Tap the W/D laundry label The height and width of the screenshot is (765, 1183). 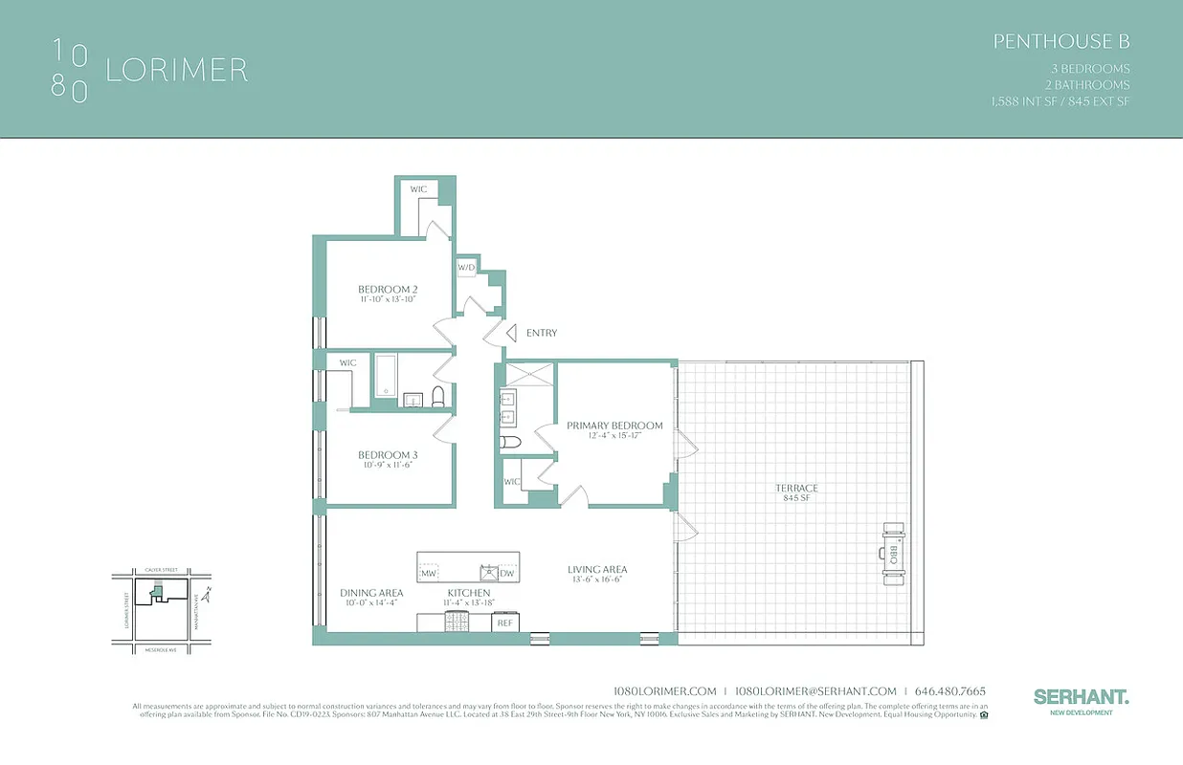(x=466, y=268)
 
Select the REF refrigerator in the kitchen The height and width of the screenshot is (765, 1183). (x=505, y=623)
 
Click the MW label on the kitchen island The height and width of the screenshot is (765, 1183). (x=430, y=573)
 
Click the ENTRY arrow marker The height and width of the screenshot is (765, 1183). (x=511, y=333)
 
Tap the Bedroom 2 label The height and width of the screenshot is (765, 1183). (x=388, y=289)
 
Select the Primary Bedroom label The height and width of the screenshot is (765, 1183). (x=614, y=426)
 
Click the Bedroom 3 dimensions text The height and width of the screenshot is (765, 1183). (x=388, y=466)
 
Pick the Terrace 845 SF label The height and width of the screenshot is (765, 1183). (x=796, y=492)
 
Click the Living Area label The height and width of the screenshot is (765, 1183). (x=597, y=570)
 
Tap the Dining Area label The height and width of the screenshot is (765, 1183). (x=371, y=593)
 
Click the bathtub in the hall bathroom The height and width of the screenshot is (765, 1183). (x=385, y=375)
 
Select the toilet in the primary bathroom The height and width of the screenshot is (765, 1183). (x=510, y=442)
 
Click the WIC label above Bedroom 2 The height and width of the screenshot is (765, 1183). (x=418, y=189)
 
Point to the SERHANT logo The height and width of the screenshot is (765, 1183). (x=1081, y=697)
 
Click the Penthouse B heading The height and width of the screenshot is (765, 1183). (x=1061, y=41)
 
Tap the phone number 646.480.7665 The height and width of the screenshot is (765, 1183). (x=950, y=691)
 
